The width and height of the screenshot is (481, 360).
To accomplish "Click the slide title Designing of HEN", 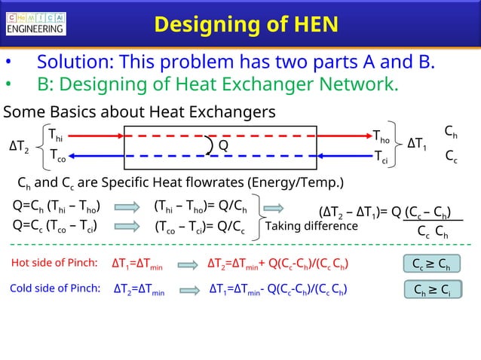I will coord(245,24).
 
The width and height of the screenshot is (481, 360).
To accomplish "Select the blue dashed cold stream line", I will coord(219,156).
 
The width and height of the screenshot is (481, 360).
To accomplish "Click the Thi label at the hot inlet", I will coord(55,136).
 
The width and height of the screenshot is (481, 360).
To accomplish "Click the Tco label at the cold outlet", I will coord(57,156).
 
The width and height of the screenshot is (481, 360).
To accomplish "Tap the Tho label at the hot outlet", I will coord(381,136).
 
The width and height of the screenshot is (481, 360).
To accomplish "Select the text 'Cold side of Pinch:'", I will coord(54,288).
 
